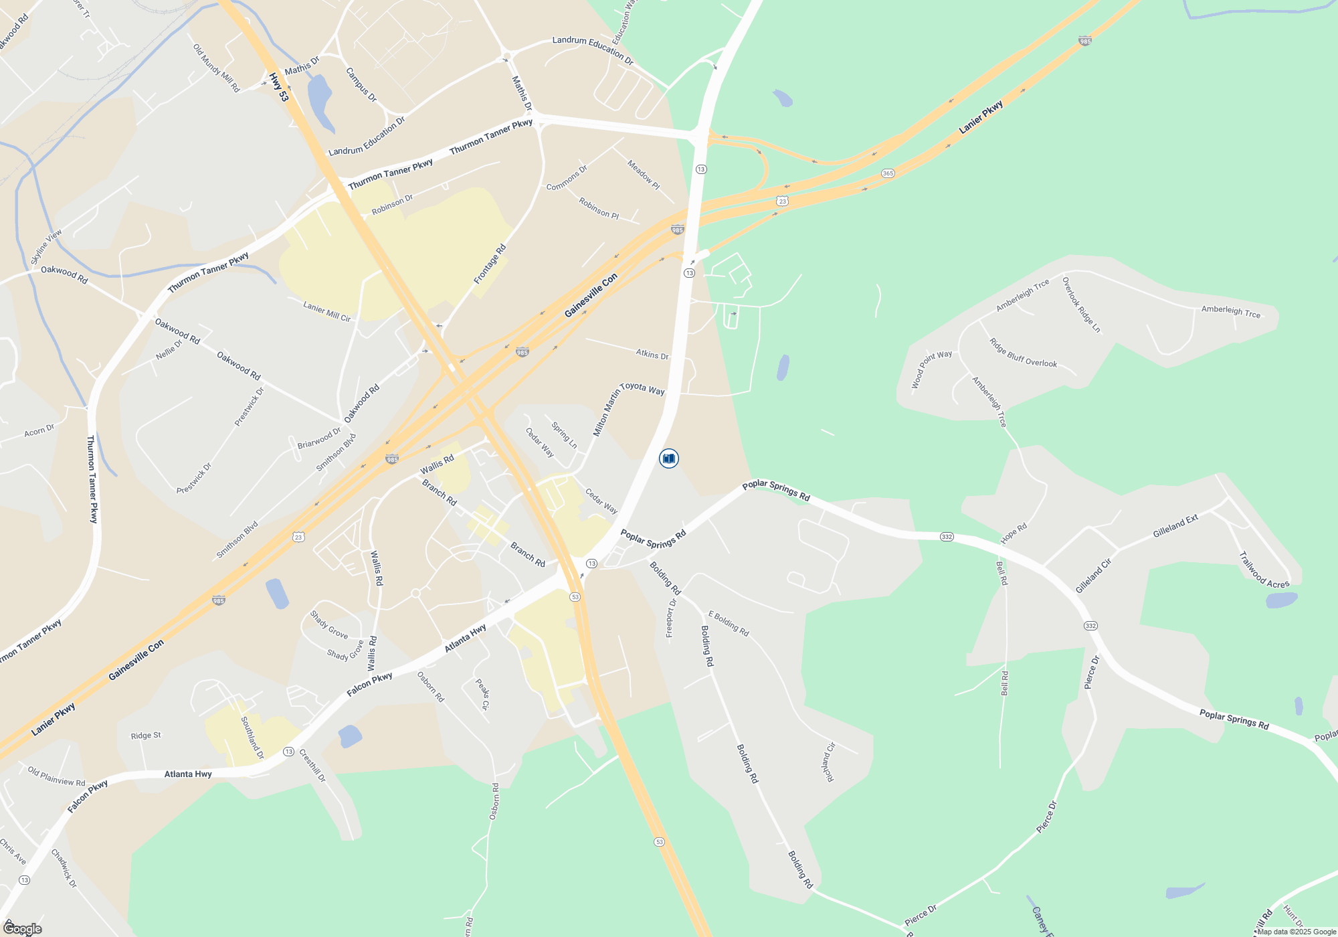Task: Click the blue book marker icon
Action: pyautogui.click(x=668, y=458)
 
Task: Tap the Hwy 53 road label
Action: pyautogui.click(x=279, y=88)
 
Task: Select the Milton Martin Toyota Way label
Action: pyautogui.click(x=628, y=408)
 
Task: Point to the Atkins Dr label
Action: pyautogui.click(x=652, y=353)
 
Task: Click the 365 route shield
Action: pyautogui.click(x=888, y=173)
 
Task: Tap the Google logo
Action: pyautogui.click(x=23, y=928)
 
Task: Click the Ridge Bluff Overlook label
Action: pyautogui.click(x=1023, y=353)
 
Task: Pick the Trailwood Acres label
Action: pyautogui.click(x=1263, y=570)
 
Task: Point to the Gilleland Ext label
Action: pyautogui.click(x=1175, y=527)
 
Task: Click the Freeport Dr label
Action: pyautogui.click(x=671, y=618)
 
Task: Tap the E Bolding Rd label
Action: pyautogui.click(x=729, y=623)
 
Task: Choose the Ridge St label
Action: pyautogui.click(x=146, y=736)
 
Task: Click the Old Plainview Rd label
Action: pyautogui.click(x=56, y=776)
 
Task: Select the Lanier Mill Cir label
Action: pyautogui.click(x=326, y=311)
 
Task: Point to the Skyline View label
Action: pyautogui.click(x=46, y=246)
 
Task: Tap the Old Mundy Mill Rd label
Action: pyautogui.click(x=216, y=68)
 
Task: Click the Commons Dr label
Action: pyautogui.click(x=567, y=178)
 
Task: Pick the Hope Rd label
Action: pyautogui.click(x=1013, y=533)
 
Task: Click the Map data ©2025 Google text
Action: pyautogui.click(x=1296, y=932)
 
